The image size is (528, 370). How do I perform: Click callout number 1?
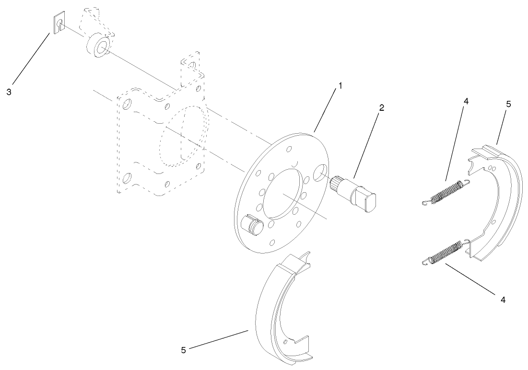tap(340, 86)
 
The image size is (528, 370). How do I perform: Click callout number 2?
tap(381, 108)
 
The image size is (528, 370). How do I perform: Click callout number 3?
tap(9, 92)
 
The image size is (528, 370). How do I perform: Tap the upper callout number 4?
tap(466, 102)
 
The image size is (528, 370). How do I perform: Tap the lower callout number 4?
tap(503, 300)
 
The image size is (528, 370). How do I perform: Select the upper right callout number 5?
tap(508, 103)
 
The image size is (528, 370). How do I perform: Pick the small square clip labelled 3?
tap(58, 23)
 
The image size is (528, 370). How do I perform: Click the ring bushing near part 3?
tap(98, 46)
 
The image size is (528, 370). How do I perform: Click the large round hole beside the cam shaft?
tap(320, 172)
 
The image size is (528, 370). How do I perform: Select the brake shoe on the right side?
tap(499, 201)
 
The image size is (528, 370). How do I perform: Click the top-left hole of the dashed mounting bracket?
tap(128, 104)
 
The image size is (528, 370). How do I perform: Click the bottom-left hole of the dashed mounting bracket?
tap(127, 178)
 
